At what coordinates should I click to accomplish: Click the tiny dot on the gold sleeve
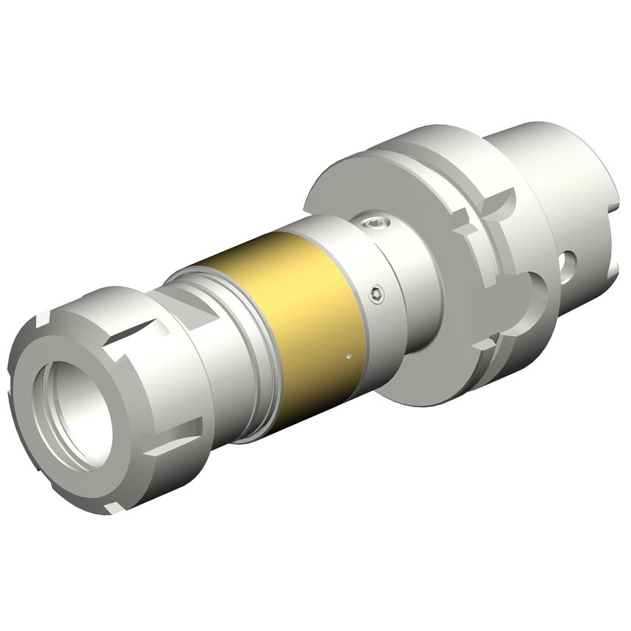(349, 355)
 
